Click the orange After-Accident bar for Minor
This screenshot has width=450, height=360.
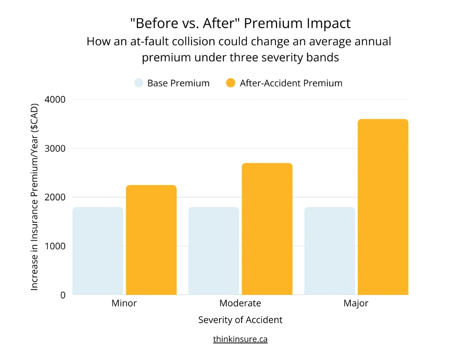point(151,240)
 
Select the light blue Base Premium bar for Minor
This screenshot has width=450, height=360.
point(98,251)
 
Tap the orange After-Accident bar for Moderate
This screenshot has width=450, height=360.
point(267,229)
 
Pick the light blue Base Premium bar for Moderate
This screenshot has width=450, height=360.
point(214,251)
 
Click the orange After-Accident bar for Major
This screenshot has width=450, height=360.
point(383,207)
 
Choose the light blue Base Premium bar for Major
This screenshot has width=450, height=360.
point(330,251)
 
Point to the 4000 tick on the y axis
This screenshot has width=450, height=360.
point(56,100)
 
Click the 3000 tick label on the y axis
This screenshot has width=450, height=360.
point(56,149)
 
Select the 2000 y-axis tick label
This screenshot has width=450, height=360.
point(56,197)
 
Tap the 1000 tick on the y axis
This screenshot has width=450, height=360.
point(56,246)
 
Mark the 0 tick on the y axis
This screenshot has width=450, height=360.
point(63,295)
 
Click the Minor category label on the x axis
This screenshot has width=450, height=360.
point(124,303)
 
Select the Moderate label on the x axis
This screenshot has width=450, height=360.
point(240,303)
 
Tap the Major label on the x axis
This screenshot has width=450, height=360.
point(356,303)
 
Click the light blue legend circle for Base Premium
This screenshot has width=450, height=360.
point(139,83)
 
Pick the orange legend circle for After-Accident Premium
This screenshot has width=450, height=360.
point(231,83)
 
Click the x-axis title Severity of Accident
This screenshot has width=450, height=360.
point(240,320)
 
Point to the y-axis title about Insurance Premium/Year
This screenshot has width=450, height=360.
point(35,197)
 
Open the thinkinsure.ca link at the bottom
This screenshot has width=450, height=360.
point(240,339)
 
